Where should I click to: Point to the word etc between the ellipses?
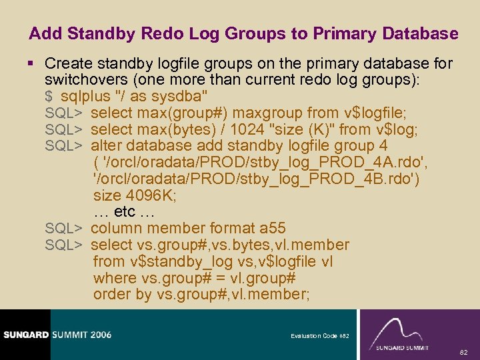(x=125, y=212)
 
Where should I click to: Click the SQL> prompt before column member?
(x=63, y=229)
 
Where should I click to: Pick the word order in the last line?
(x=112, y=295)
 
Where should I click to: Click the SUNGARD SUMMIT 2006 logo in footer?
(x=56, y=335)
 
